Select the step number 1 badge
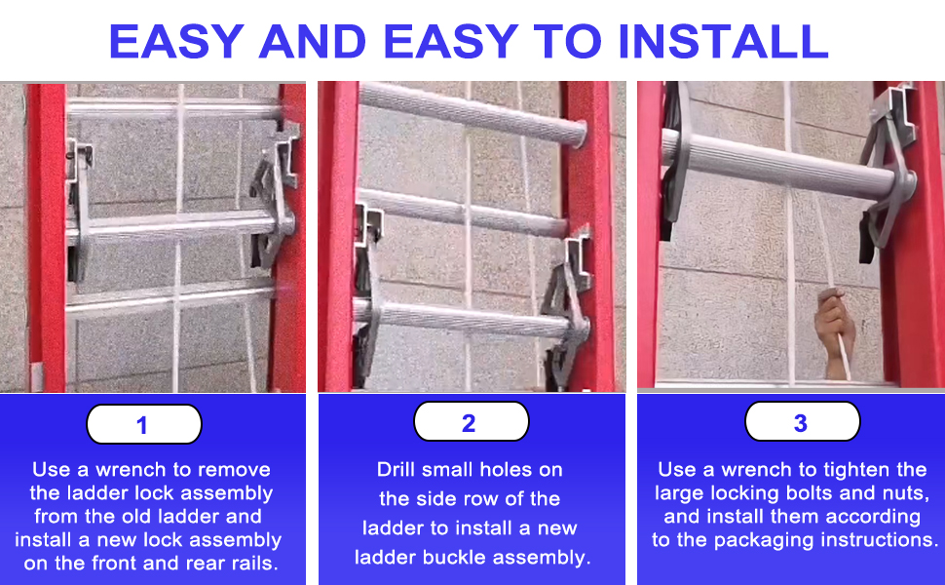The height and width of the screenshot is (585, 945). [x=143, y=425]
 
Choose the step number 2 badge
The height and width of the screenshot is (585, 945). [x=471, y=422]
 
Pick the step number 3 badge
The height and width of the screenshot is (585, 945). [x=801, y=422]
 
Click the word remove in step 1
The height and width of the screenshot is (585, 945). [x=235, y=469]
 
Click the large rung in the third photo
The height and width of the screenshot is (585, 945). [x=779, y=161]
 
